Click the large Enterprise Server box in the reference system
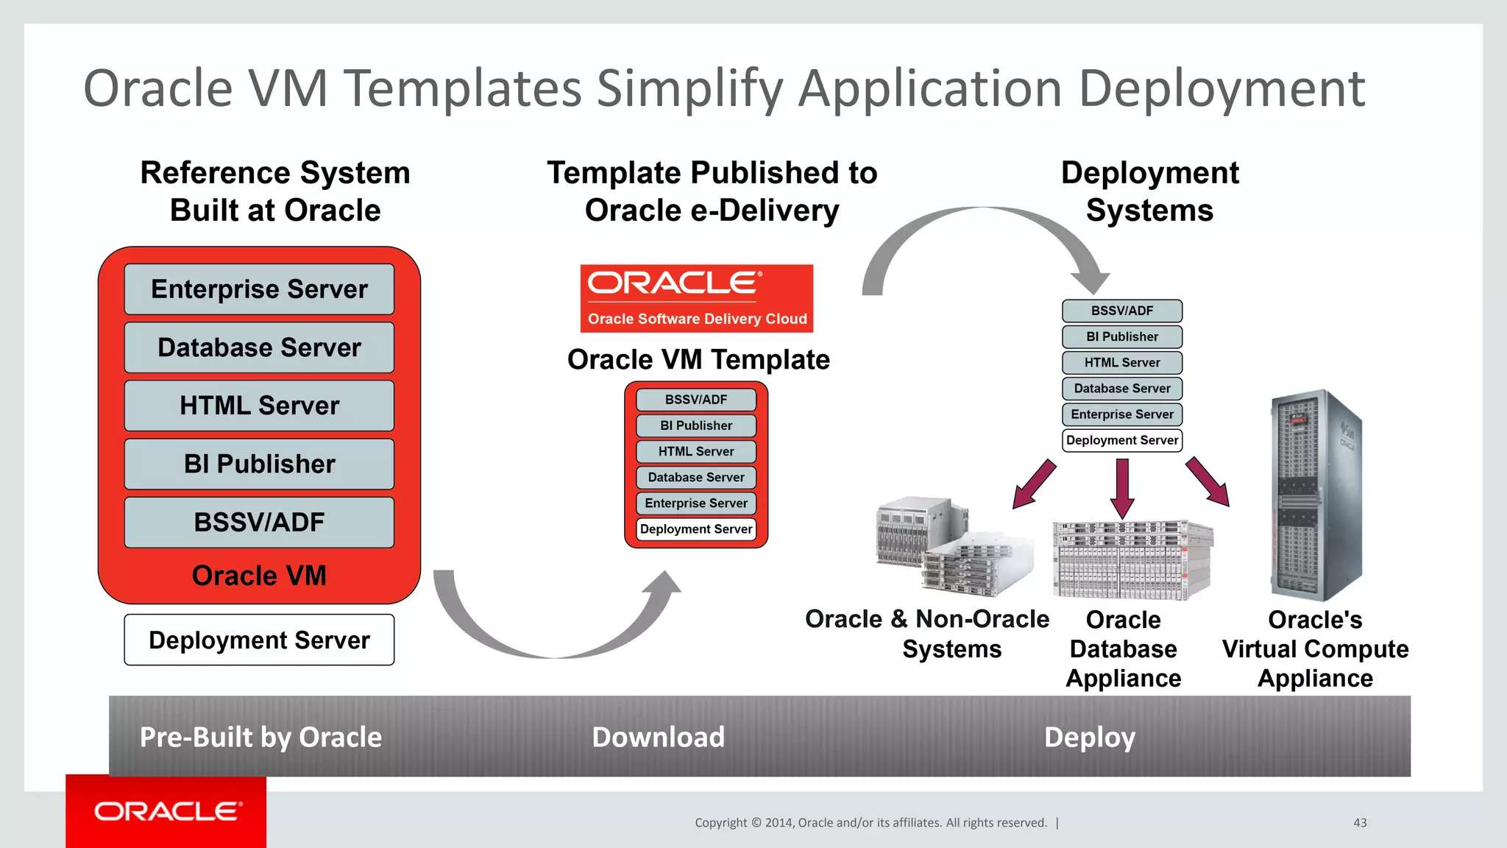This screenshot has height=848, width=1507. click(259, 289)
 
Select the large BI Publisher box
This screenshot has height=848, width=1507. click(259, 464)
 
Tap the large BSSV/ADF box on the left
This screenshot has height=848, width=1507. click(259, 522)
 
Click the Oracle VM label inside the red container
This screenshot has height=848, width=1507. click(259, 576)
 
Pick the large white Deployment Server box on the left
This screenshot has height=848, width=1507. click(259, 640)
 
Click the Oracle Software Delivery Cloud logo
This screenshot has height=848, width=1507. click(696, 298)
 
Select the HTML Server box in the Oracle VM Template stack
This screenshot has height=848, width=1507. click(696, 451)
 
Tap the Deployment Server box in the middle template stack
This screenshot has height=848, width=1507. click(696, 529)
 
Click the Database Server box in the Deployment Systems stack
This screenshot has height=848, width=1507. click(1121, 388)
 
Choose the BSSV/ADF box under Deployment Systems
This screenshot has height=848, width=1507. click(1121, 311)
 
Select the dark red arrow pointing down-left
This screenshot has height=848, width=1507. click(1034, 484)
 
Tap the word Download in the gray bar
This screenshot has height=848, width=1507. click(658, 737)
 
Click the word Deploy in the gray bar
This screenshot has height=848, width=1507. click(1090, 737)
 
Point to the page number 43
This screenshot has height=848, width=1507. click(1360, 823)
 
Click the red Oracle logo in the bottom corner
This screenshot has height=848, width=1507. click(166, 811)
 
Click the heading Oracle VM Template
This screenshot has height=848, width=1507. click(698, 359)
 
